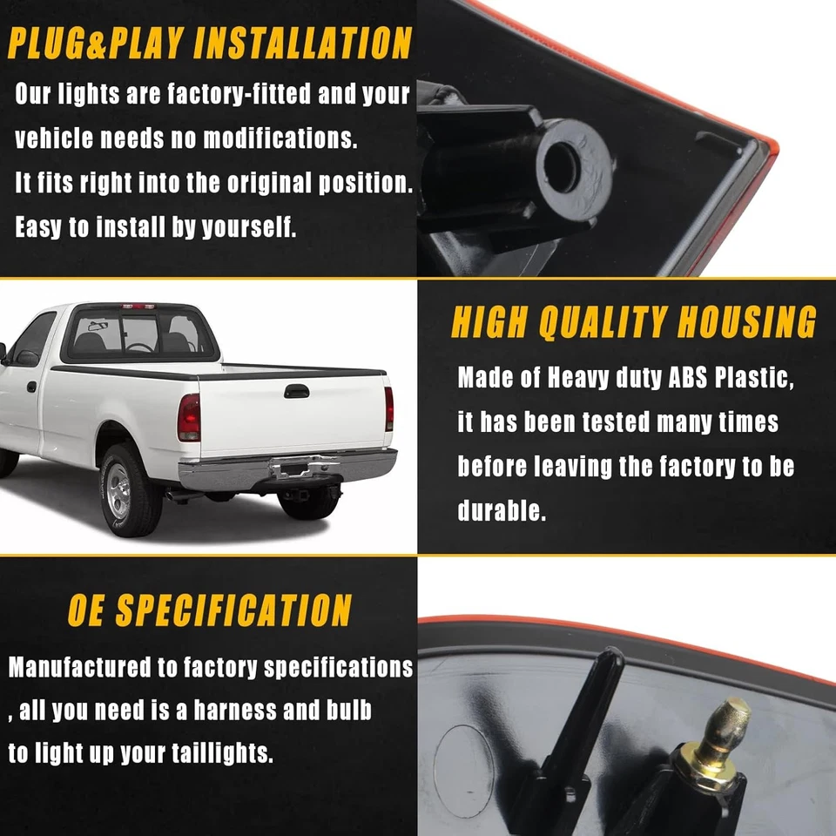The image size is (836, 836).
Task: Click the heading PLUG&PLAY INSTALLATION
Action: tap(209, 43)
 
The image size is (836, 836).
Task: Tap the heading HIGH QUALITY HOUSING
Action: tap(634, 322)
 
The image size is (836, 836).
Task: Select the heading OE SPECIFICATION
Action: tap(209, 610)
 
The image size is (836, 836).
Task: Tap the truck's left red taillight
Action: tap(189, 417)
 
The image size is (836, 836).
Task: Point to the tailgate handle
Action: tap(296, 391)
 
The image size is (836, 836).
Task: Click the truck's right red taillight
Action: tap(388, 409)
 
